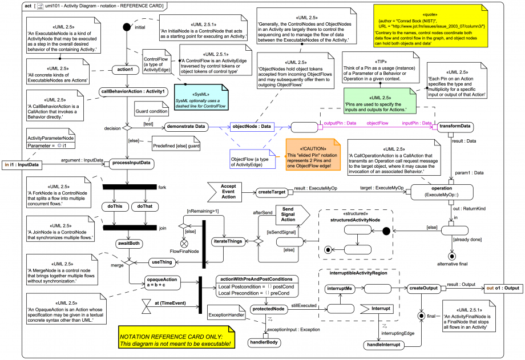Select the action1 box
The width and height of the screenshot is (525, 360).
coord(124,70)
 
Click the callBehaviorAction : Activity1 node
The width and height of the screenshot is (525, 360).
coord(134,91)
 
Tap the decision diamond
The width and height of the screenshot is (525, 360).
coord(127,127)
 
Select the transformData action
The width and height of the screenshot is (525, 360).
coord(455,127)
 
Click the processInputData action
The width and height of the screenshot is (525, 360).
coord(132,164)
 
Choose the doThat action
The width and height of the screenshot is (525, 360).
coord(144,206)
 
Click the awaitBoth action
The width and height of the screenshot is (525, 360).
coord(129,243)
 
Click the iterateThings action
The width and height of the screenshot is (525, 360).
coord(228,242)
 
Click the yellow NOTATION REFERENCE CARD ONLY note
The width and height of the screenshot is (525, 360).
coord(176,337)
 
